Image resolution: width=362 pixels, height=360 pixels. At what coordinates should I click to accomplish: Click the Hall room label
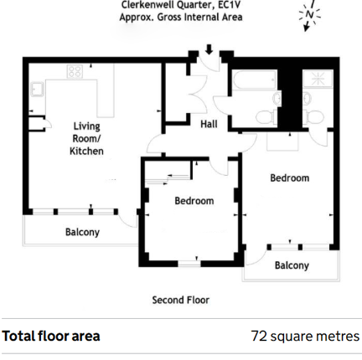(209, 124)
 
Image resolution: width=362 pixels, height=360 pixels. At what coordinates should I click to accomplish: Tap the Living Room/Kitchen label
(86, 139)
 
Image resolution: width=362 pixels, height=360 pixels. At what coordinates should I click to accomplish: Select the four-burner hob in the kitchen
(75, 71)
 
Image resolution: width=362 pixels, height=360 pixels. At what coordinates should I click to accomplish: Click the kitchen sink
(37, 89)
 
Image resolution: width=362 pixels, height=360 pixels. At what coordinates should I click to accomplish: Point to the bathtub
(255, 80)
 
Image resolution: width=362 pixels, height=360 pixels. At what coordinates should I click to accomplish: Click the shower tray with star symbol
(318, 79)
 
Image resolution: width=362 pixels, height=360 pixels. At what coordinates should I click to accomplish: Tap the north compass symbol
(309, 15)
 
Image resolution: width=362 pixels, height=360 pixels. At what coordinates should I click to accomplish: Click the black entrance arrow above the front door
(209, 49)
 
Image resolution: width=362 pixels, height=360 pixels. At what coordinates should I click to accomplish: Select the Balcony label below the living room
(82, 232)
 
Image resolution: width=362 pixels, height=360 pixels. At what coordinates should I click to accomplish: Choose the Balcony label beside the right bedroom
(292, 265)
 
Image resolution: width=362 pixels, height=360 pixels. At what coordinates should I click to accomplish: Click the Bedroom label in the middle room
(194, 201)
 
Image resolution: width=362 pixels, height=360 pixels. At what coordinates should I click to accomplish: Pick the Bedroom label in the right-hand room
(290, 178)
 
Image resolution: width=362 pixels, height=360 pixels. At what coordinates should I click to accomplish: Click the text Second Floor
(181, 300)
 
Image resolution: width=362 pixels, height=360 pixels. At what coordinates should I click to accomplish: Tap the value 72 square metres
(305, 336)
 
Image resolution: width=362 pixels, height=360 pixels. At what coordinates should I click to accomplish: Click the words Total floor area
(51, 336)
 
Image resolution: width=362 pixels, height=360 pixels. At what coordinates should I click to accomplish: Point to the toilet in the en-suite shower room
(314, 117)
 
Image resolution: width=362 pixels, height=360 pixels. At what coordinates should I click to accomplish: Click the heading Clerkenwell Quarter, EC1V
(181, 4)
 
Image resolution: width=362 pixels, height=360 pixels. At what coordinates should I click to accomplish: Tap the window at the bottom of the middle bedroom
(189, 263)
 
